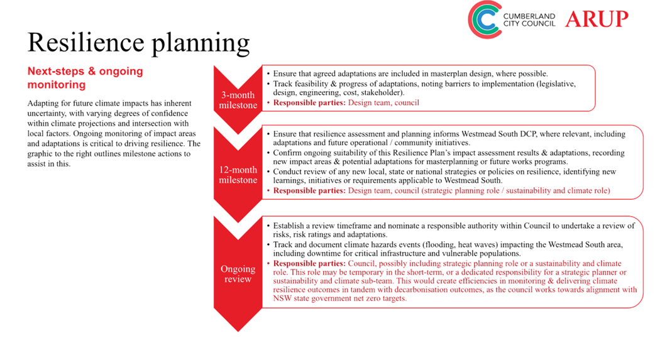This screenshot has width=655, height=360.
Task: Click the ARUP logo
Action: click(x=596, y=19)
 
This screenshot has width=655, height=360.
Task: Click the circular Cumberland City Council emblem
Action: click(x=488, y=19)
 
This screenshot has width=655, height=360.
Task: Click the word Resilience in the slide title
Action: click(x=88, y=43)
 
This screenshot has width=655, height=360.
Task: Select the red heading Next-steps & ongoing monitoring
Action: click(x=85, y=78)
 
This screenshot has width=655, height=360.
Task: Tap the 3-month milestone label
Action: click(x=238, y=99)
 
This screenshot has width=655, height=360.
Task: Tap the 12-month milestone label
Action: click(x=238, y=174)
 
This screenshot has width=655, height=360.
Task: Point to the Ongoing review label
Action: click(x=238, y=273)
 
